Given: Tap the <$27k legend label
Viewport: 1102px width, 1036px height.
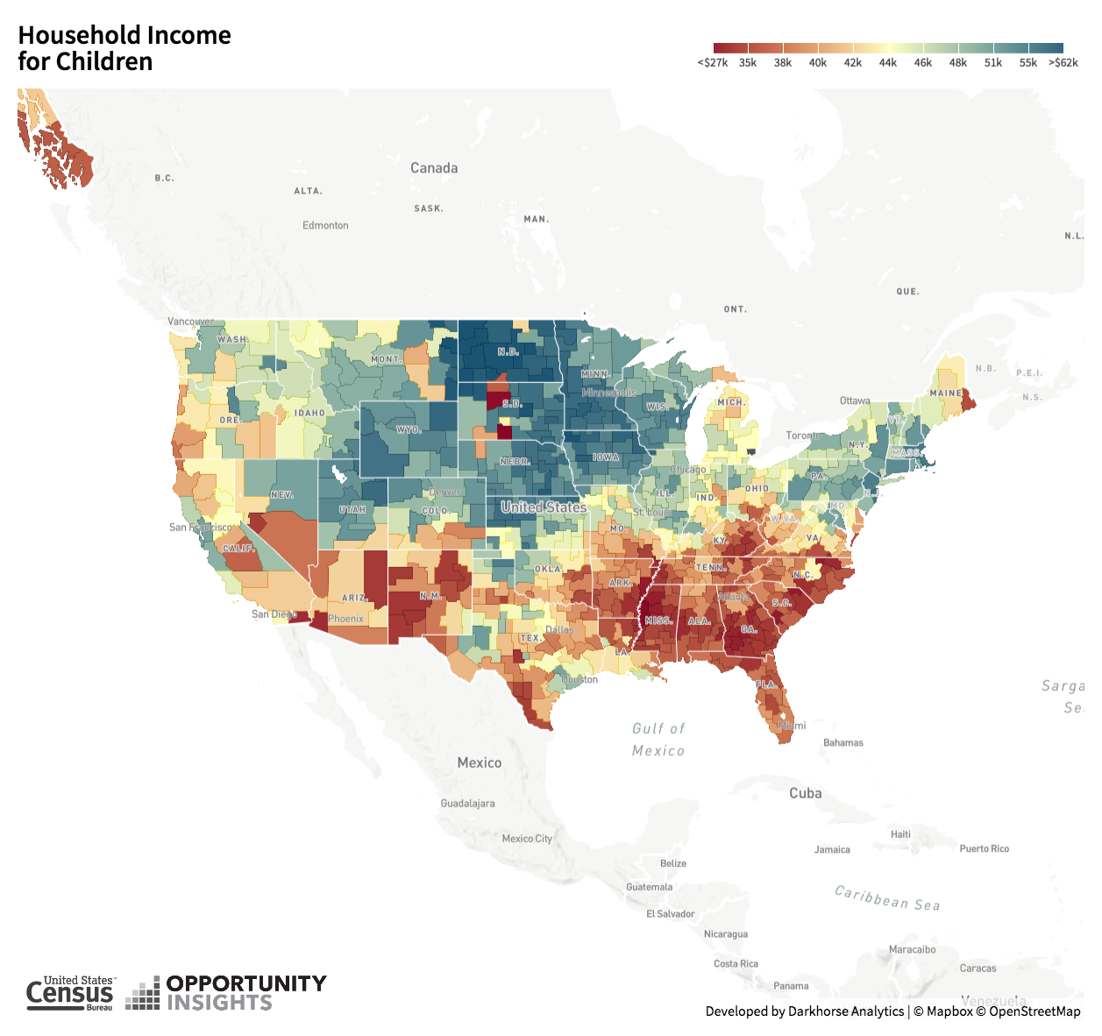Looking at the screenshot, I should click(712, 63).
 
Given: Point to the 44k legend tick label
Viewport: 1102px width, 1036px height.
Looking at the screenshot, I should click(887, 63).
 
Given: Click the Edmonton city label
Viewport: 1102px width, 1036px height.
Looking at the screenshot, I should click(325, 225).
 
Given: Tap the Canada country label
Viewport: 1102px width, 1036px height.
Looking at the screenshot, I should click(434, 167).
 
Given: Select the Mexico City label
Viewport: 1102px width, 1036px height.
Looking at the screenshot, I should click(527, 839).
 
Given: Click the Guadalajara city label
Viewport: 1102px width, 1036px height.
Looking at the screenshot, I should click(467, 804).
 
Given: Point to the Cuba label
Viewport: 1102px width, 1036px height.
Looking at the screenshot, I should click(805, 793).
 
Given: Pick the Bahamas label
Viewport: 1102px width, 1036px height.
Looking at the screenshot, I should click(842, 743).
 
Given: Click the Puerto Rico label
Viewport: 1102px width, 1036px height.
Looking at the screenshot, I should click(984, 848).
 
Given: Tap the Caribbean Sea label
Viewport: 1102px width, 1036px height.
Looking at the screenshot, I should click(887, 898).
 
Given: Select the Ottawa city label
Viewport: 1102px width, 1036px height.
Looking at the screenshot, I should click(855, 401).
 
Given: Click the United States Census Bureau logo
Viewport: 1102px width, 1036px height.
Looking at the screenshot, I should click(70, 994).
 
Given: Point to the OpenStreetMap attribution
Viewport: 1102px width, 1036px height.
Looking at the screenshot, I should click(1034, 1011).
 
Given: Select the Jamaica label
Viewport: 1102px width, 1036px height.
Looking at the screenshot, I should click(831, 849).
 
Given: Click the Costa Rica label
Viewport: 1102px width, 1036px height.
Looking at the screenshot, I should click(736, 964).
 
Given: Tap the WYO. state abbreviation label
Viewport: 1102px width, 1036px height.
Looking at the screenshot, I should click(409, 430).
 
